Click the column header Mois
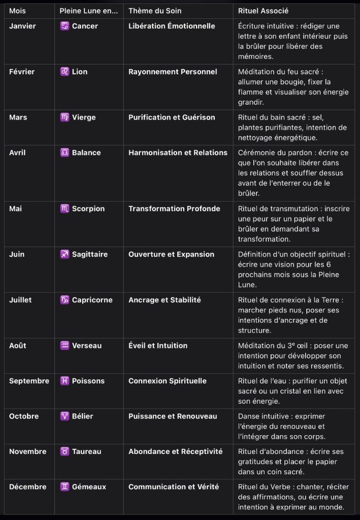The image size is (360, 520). [x=17, y=11]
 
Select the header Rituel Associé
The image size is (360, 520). [x=264, y=11]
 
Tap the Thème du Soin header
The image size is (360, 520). [x=155, y=11]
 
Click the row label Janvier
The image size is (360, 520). [x=22, y=26]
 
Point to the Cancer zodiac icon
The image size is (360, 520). [x=64, y=26]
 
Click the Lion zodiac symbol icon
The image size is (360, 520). [x=64, y=72]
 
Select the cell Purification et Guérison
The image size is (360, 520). [x=172, y=117]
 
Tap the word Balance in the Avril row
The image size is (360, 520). [x=86, y=152]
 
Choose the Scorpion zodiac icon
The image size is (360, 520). [x=64, y=209]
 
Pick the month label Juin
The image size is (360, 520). [x=17, y=254]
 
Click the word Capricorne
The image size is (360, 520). [x=92, y=300]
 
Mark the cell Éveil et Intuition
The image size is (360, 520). [x=158, y=346]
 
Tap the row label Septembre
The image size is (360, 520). [x=29, y=381]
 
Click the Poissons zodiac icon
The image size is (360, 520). [x=64, y=381]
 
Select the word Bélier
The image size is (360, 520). [x=83, y=416]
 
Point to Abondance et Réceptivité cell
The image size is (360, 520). [x=175, y=451]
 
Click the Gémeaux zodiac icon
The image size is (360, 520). [x=64, y=487]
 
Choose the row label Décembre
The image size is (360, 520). [x=27, y=487]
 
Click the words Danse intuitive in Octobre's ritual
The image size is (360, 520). [x=263, y=416]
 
